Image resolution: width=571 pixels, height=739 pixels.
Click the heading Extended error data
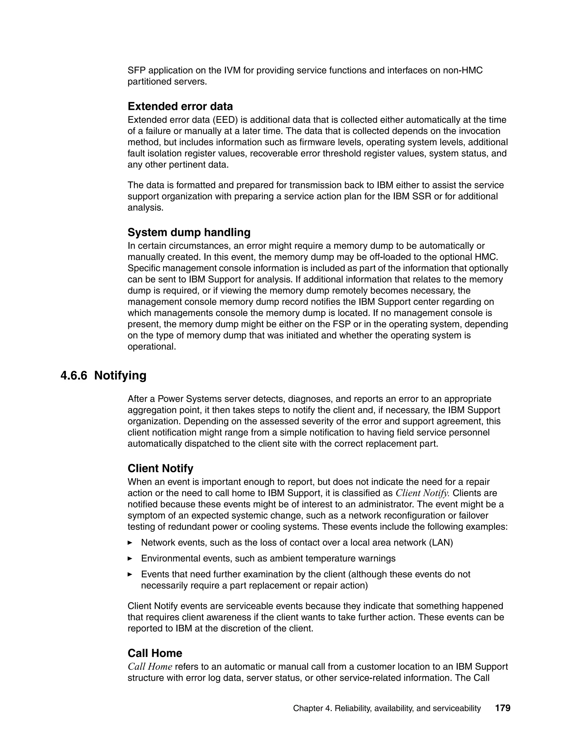click(x=180, y=106)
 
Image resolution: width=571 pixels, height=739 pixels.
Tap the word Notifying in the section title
click(x=120, y=375)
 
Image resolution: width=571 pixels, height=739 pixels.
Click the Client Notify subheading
click(x=160, y=468)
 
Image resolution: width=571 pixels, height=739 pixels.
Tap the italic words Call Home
click(x=150, y=666)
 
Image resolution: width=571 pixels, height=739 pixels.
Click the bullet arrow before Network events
click(x=130, y=543)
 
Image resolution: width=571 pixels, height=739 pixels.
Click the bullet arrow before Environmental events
click(x=130, y=559)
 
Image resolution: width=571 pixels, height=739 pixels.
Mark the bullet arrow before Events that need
click(x=130, y=574)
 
